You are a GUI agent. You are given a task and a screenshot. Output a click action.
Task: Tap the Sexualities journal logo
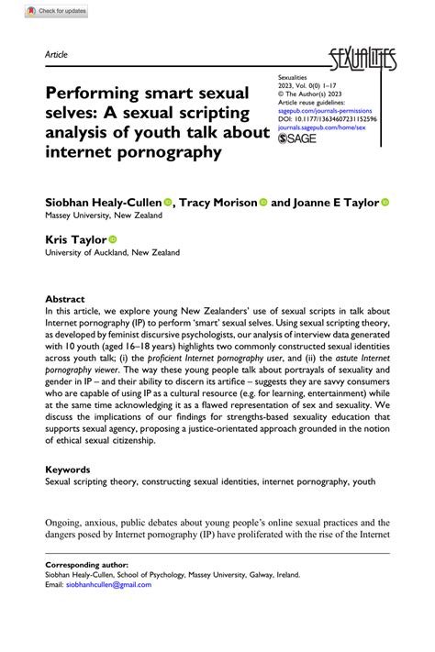[365, 61]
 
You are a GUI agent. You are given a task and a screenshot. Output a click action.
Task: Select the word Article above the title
[56, 56]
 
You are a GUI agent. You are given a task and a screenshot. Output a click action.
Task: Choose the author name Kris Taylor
[76, 238]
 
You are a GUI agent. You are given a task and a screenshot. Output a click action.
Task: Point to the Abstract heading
[65, 299]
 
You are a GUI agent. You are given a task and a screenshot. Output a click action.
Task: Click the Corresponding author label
[86, 565]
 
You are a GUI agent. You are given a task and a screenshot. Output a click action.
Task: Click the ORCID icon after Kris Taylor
[113, 238]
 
